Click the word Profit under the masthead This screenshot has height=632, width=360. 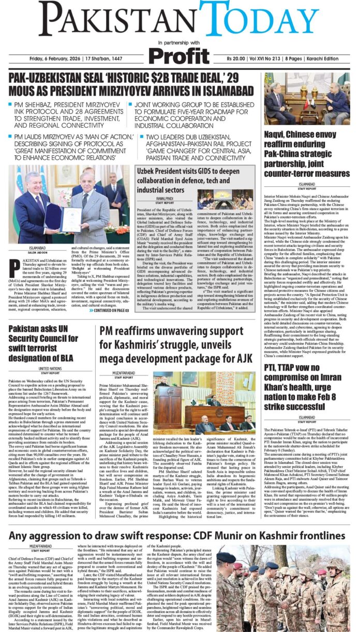[x=180, y=55]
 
